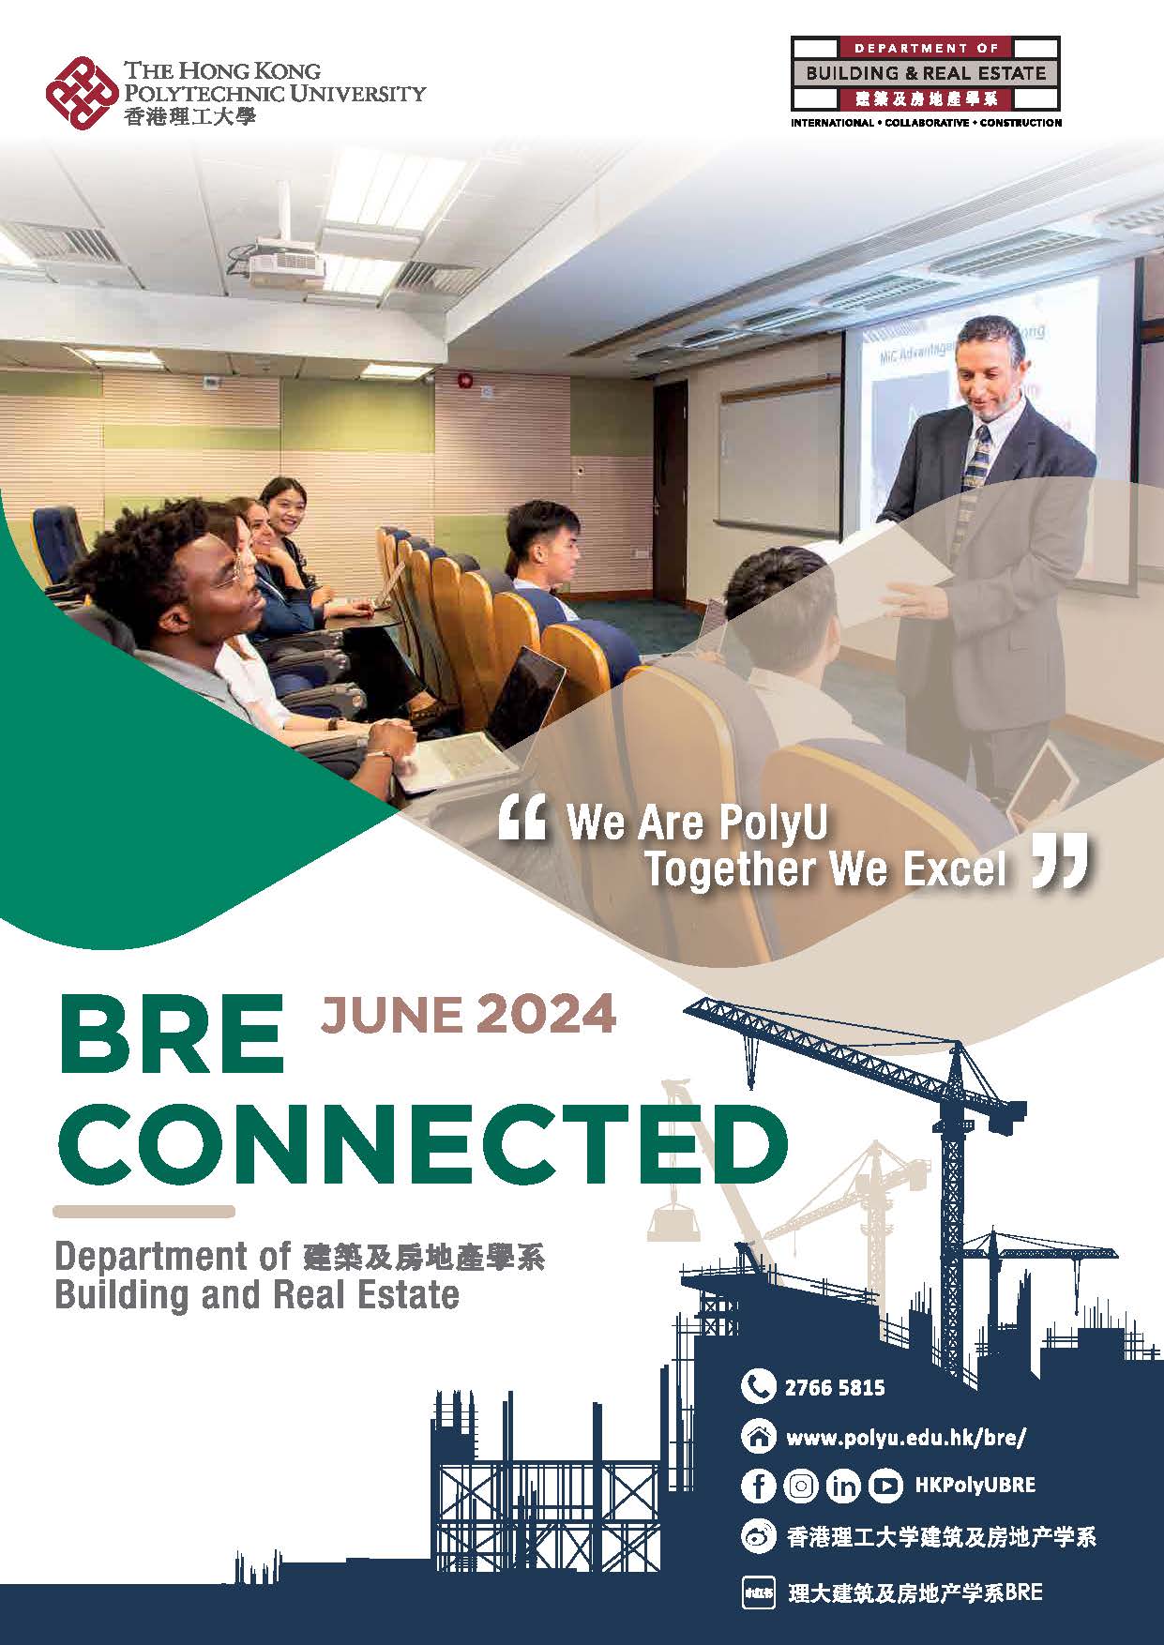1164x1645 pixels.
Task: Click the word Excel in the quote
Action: (955, 870)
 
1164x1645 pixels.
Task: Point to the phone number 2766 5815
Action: (835, 1387)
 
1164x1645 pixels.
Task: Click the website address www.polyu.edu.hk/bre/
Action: (907, 1436)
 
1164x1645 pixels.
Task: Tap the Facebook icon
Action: (758, 1486)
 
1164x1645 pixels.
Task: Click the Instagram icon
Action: (800, 1486)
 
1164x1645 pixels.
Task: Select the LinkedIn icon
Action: (842, 1486)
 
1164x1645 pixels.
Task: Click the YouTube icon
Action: (884, 1486)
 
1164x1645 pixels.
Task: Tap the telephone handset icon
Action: (758, 1386)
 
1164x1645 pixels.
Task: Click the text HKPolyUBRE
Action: (975, 1486)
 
